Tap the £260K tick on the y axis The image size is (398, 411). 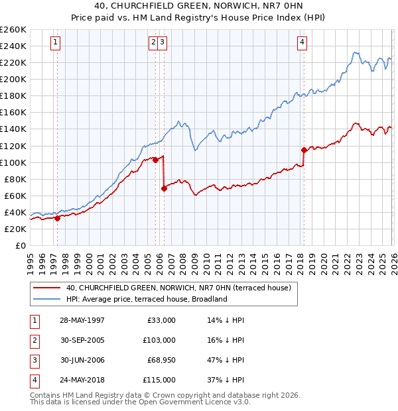click(x=13, y=30)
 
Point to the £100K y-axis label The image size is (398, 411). click(x=13, y=162)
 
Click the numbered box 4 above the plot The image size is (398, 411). click(x=302, y=42)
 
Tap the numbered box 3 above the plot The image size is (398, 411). click(x=163, y=42)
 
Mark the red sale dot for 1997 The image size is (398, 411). click(x=58, y=217)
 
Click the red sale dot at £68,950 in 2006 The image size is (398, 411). click(x=164, y=188)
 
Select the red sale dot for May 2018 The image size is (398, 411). click(x=304, y=150)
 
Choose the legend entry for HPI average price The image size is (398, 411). click(x=147, y=299)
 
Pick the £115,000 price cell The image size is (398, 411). click(x=159, y=380)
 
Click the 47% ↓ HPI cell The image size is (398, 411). click(x=225, y=360)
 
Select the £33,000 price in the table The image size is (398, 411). click(x=161, y=320)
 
